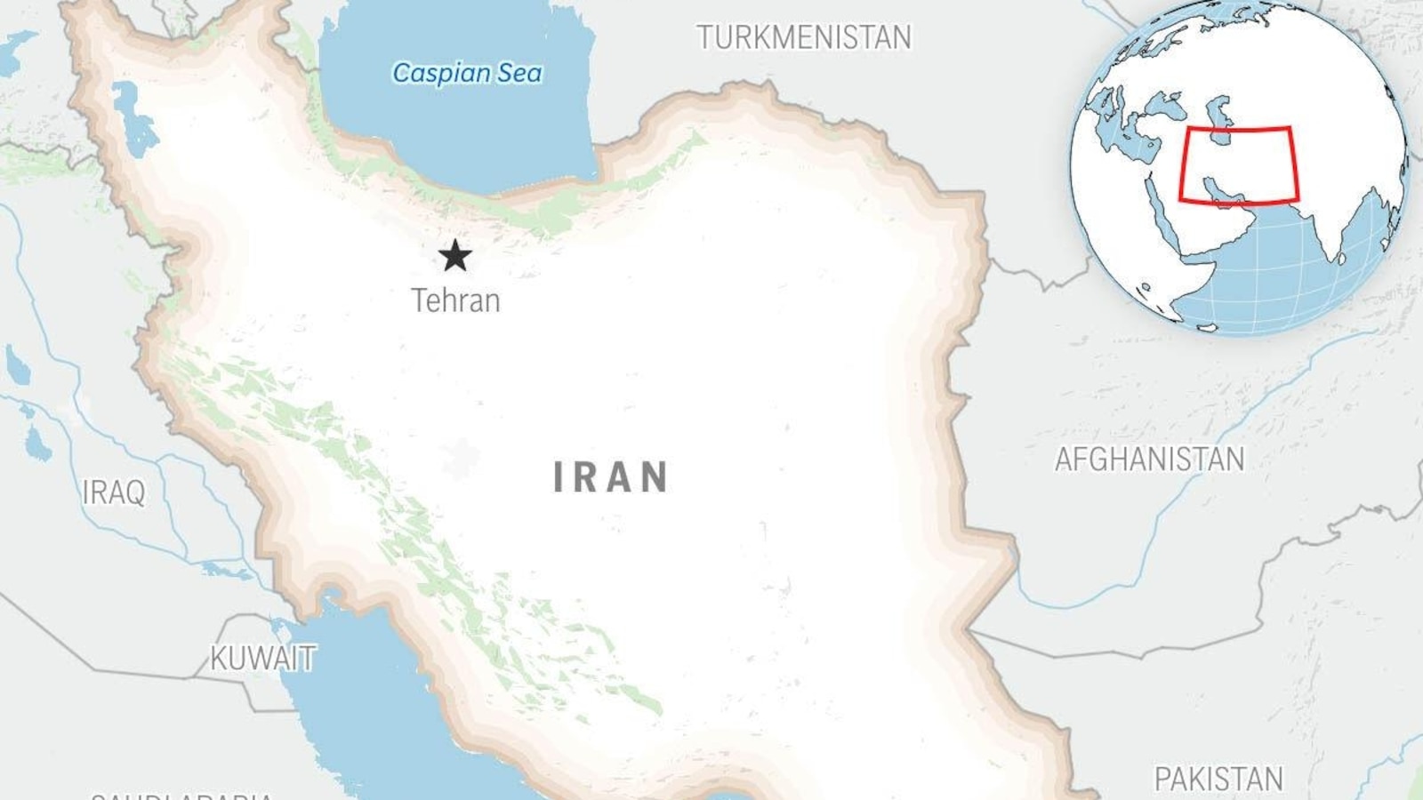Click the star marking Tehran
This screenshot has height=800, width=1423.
click(x=454, y=256)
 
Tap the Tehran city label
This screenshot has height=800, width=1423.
click(x=455, y=300)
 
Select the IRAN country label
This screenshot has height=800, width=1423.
click(x=611, y=477)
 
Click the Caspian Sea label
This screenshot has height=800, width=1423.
click(x=467, y=73)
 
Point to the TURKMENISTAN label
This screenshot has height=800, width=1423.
click(x=804, y=37)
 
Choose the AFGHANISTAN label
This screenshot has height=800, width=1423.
click(x=1149, y=460)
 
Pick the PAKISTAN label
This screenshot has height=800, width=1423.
click(x=1218, y=780)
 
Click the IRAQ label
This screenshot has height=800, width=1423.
click(x=113, y=492)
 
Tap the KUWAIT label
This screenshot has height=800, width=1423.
click(x=263, y=659)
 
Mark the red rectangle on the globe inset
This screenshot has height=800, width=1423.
click(x=1238, y=165)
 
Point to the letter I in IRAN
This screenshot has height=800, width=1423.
click(x=559, y=477)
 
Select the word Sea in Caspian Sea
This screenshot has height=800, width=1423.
click(x=519, y=73)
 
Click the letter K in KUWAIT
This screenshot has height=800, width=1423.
click(x=219, y=659)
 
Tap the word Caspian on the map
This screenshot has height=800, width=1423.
click(x=441, y=73)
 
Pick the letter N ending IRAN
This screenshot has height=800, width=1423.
click(x=655, y=477)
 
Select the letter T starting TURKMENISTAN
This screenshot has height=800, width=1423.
click(x=704, y=37)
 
